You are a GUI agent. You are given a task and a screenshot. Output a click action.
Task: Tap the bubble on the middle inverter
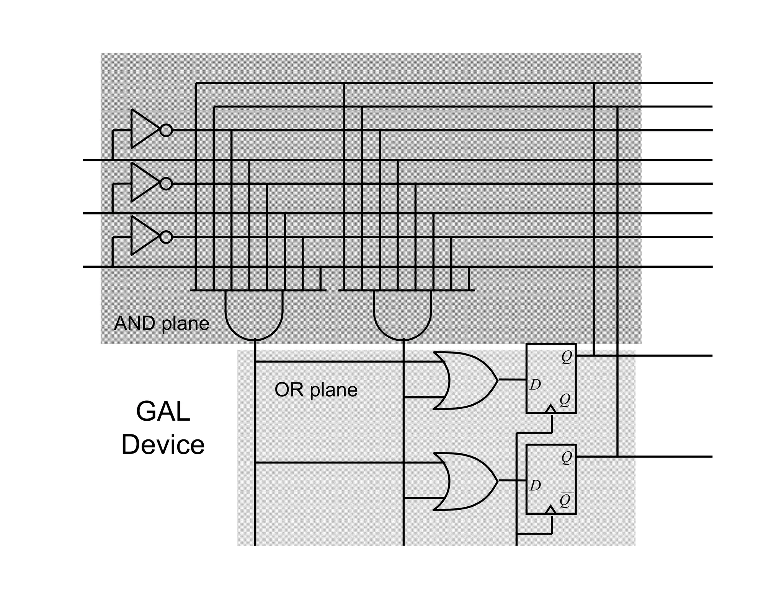(166, 184)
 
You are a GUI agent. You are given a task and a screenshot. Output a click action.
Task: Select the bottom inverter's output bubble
(166, 237)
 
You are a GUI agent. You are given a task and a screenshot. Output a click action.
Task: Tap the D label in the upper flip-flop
(535, 385)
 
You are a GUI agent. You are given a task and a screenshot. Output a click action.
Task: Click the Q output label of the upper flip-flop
(567, 357)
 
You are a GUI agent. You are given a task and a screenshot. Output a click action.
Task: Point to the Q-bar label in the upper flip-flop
(565, 400)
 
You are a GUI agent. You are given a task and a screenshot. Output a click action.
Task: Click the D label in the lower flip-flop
(535, 486)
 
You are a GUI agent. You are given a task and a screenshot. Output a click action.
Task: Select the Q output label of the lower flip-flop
(567, 457)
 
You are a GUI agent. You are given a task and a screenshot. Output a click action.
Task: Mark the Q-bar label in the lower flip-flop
(565, 500)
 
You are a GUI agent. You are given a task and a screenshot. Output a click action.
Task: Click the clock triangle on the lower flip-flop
(550, 509)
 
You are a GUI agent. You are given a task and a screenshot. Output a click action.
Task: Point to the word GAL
(163, 411)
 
